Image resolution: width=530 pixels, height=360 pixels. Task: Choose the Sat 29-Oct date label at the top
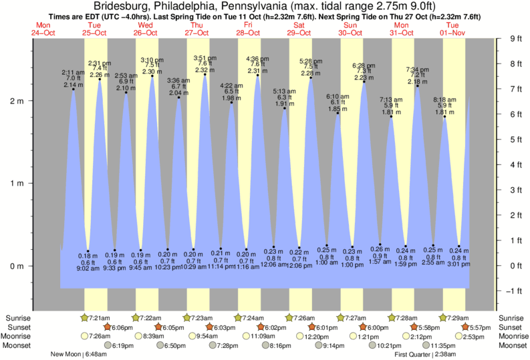[298, 29]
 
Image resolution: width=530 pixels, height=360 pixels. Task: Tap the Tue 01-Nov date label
[452, 29]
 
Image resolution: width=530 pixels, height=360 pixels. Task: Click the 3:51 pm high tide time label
[205, 57]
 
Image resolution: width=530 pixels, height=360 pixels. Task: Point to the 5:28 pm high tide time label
[311, 61]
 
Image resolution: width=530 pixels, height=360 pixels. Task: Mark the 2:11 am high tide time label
[73, 72]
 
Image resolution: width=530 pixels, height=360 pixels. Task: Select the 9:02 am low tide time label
[88, 268]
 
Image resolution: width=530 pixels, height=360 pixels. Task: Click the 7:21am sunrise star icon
[84, 317]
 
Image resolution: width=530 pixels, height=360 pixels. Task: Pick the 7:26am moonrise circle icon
[84, 336]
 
